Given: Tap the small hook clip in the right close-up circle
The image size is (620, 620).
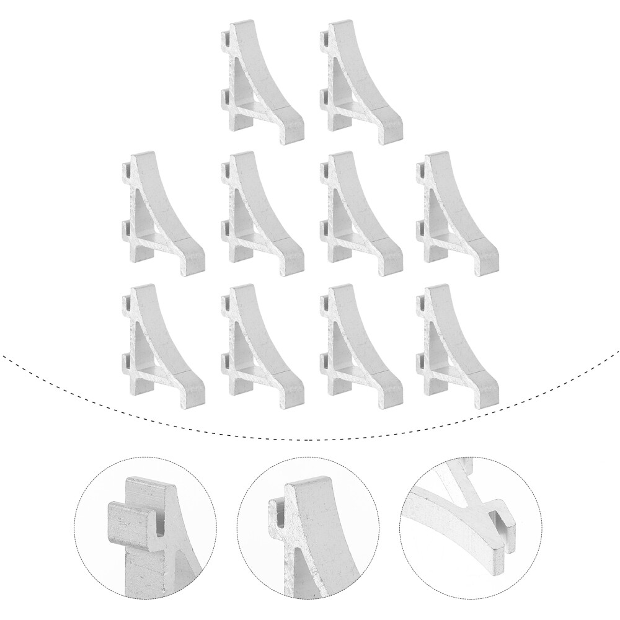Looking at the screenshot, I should [502, 521].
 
